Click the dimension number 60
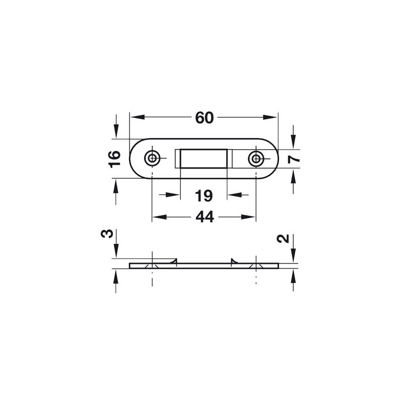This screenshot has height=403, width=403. [205, 118]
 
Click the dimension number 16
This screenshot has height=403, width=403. [115, 159]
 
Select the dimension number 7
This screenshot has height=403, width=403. [294, 159]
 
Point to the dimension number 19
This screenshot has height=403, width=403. [204, 196]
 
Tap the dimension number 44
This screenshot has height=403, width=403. [205, 217]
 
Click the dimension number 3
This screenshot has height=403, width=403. [107, 233]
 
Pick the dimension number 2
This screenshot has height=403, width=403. [283, 238]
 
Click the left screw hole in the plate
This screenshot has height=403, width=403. [153, 158]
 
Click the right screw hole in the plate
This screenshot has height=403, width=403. [256, 159]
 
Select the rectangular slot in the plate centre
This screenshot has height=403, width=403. [204, 159]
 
